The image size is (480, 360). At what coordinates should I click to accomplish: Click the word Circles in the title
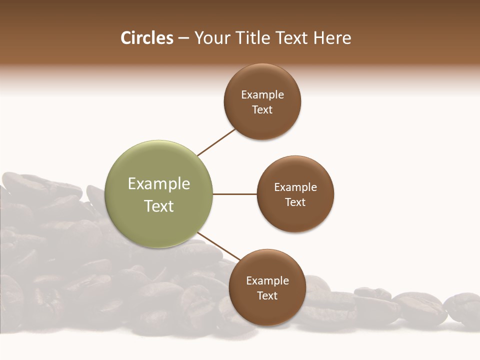[146, 38]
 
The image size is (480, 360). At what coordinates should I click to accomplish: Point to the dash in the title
[183, 38]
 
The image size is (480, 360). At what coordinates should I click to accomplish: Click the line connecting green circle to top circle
[216, 142]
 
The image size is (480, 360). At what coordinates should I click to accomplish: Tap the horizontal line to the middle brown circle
[234, 194]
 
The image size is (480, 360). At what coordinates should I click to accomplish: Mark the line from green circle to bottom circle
[218, 246]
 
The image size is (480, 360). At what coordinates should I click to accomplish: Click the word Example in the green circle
[159, 184]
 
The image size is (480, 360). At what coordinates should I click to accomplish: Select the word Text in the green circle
[159, 206]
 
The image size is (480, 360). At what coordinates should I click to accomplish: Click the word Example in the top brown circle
[262, 95]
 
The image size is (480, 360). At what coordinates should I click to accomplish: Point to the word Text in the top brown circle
[262, 110]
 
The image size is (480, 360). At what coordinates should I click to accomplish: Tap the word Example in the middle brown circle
[295, 187]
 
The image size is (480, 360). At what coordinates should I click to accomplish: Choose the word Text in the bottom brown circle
[267, 295]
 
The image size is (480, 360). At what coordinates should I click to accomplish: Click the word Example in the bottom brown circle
[267, 280]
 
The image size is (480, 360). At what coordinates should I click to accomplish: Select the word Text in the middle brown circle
[295, 202]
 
